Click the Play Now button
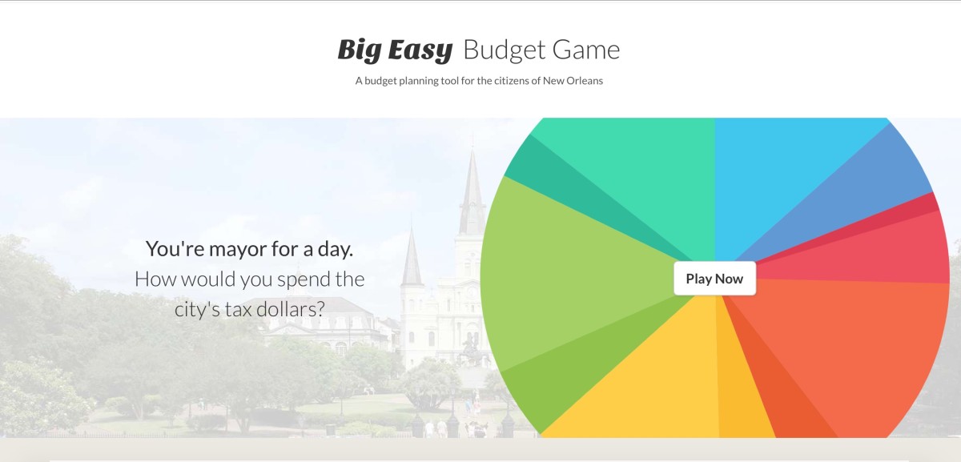coord(714,279)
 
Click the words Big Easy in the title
coord(395,50)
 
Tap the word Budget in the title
coord(505,50)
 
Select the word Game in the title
coord(586,50)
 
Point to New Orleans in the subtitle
coord(573,81)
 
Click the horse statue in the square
coord(472,351)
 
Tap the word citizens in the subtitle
coord(513,81)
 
